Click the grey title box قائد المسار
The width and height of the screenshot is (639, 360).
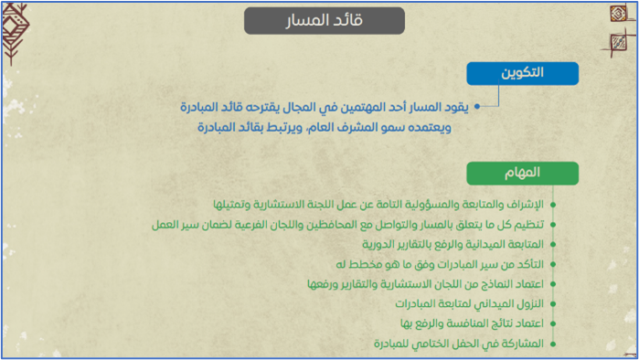tap(325, 21)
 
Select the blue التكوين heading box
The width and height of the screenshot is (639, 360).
tap(523, 73)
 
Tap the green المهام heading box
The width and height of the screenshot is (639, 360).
tap(523, 173)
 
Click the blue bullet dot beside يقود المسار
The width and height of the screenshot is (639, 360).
tap(477, 107)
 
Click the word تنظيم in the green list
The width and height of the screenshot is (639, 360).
tap(529, 225)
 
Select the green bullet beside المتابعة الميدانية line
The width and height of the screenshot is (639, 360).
tap(553, 244)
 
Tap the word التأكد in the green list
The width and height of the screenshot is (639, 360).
tap(530, 264)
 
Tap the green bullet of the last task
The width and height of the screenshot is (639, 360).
tap(553, 344)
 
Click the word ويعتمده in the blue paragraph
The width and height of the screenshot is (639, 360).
tap(432, 128)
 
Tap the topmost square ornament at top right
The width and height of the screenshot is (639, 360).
tap(618, 14)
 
